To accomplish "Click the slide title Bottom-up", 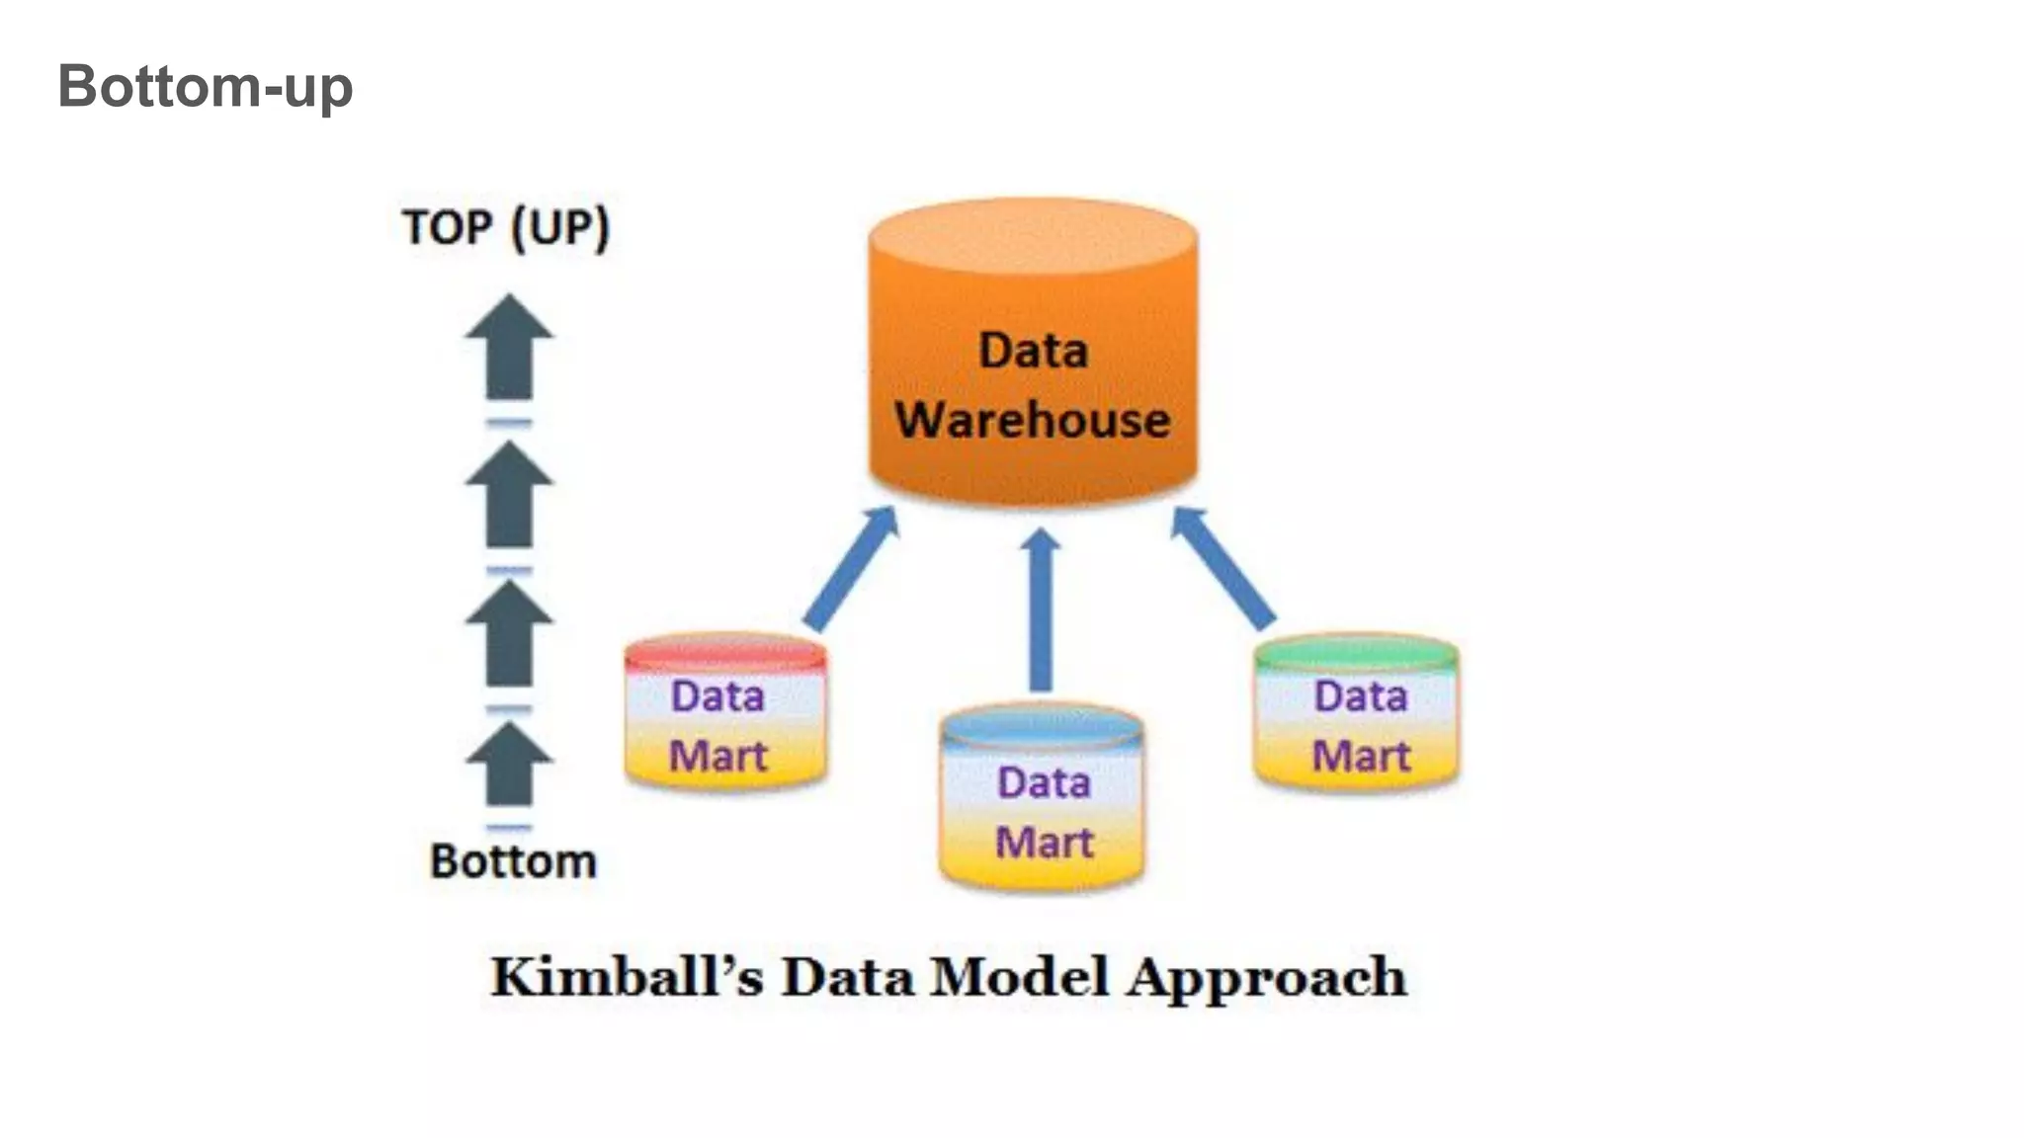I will point(205,86).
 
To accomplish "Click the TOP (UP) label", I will point(506,227).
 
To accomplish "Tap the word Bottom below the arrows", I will point(513,861).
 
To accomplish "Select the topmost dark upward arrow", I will point(509,348).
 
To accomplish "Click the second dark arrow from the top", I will point(509,495).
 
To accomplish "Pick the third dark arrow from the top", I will point(509,634).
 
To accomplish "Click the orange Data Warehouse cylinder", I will point(1033,356).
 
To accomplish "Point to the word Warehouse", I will point(1033,420).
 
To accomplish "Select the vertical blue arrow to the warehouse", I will point(1040,612).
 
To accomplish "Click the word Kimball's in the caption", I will point(627,977).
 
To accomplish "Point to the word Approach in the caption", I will point(1267,979).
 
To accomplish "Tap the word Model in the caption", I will point(1019,977).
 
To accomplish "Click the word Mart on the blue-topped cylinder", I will point(1044,843).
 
